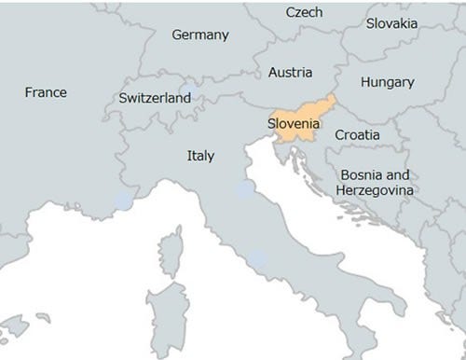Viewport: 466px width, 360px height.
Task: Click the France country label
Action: tap(46, 92)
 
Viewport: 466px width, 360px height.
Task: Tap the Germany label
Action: tap(200, 35)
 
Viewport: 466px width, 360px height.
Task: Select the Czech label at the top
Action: tap(304, 12)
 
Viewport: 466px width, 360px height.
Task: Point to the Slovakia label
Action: tap(391, 22)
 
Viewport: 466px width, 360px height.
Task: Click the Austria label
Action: tap(290, 72)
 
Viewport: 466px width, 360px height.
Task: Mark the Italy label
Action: tap(199, 156)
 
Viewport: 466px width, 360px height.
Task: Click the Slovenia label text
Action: tap(295, 123)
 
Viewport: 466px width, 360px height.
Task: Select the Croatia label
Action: tap(357, 135)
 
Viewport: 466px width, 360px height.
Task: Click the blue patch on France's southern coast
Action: tap(121, 200)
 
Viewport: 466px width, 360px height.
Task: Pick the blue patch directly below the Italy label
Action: tap(243, 189)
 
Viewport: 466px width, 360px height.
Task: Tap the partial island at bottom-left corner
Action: tap(11, 329)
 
